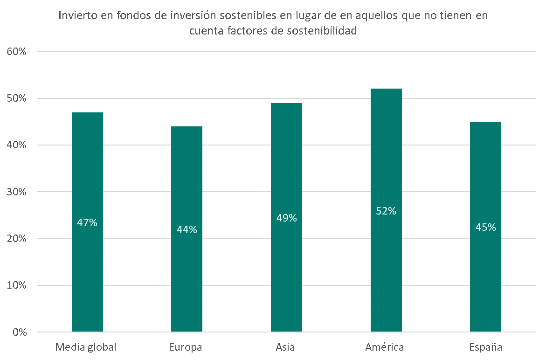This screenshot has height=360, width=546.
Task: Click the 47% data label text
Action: click(87, 223)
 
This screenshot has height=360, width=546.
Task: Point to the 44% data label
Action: click(187, 230)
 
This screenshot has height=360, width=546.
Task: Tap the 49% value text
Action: click(286, 218)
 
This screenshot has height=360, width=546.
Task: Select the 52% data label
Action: click(386, 211)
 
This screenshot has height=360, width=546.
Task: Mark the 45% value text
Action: click(486, 228)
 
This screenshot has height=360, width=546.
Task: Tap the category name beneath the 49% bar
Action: click(285, 347)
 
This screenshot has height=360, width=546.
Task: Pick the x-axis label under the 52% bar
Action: click(386, 347)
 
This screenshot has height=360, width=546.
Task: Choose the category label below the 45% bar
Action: click(486, 347)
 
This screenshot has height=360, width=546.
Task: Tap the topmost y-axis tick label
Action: click(15, 51)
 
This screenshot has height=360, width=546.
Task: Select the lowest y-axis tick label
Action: click(20, 332)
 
